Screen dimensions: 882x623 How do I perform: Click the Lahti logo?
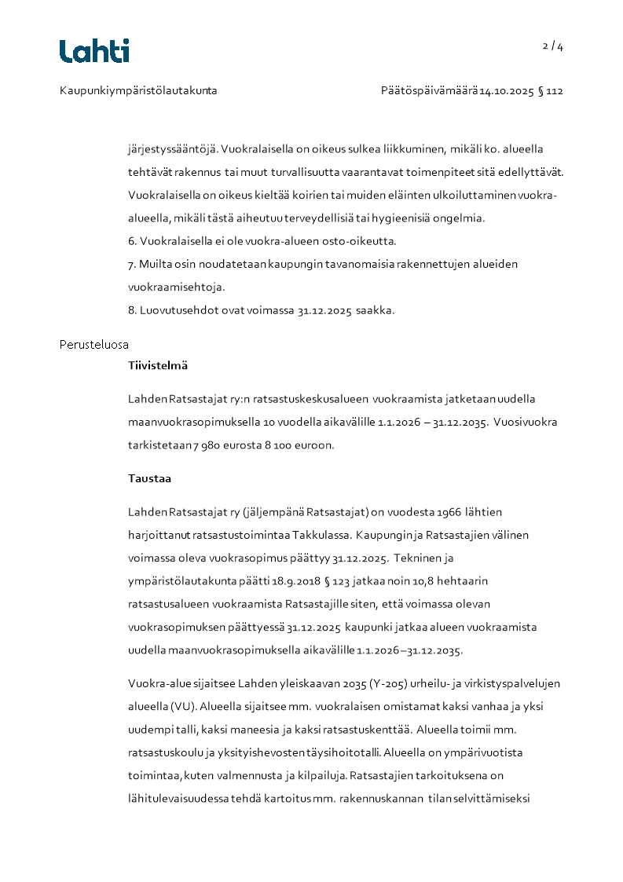pyautogui.click(x=94, y=51)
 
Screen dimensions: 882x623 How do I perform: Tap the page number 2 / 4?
pyautogui.click(x=553, y=46)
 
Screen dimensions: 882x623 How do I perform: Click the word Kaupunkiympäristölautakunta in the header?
pyautogui.click(x=138, y=90)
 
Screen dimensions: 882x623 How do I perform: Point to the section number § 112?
pyautogui.click(x=551, y=90)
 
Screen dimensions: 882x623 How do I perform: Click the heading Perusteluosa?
pyautogui.click(x=94, y=345)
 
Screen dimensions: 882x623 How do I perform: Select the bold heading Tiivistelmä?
pyautogui.click(x=158, y=365)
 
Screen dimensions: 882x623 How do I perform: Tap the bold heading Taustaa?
pyautogui.click(x=149, y=478)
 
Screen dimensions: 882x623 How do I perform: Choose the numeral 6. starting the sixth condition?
pyautogui.click(x=132, y=241)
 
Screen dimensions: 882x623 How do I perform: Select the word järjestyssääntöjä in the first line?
pyautogui.click(x=172, y=149)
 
